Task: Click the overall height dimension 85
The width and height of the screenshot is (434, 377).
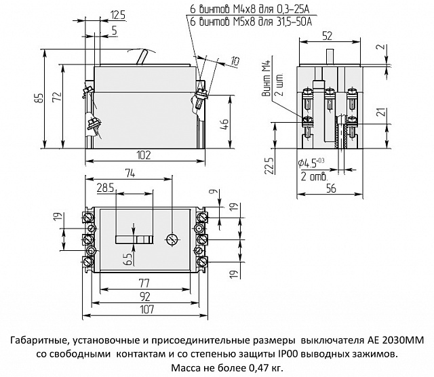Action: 40,98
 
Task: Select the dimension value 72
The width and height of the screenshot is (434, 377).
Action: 57,98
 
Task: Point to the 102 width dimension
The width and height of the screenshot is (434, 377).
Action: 143,155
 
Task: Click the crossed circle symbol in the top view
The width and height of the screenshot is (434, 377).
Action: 171,239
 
